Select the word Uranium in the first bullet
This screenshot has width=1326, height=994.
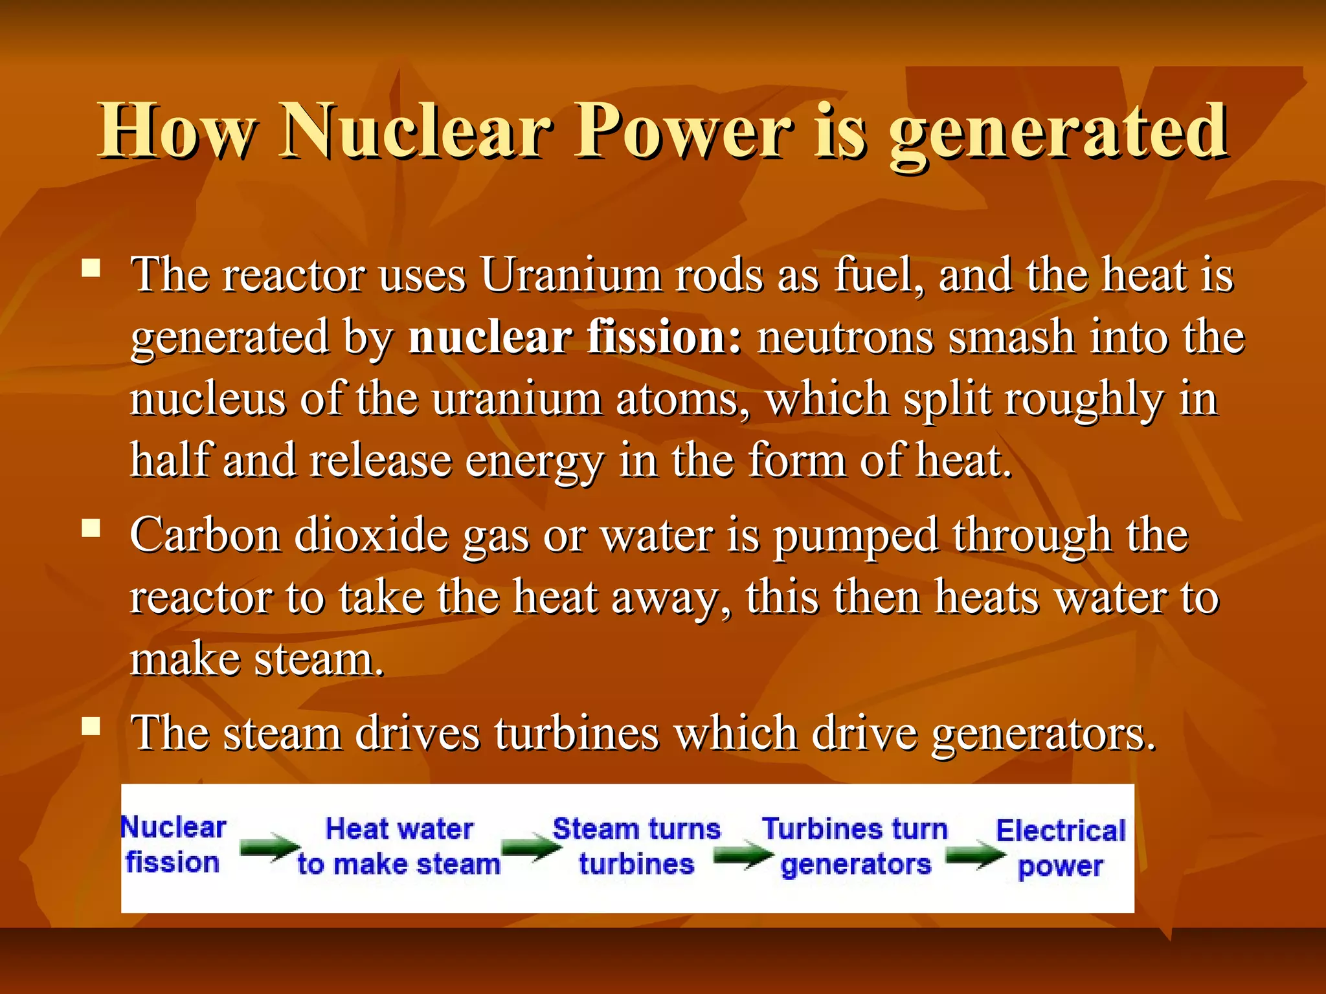(570, 276)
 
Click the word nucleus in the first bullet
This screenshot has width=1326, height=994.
(207, 399)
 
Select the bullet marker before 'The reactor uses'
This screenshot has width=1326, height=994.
(91, 268)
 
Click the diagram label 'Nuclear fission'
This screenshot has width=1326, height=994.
(174, 845)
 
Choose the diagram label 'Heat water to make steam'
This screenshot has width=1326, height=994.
(399, 846)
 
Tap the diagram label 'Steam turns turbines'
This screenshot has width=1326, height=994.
(636, 846)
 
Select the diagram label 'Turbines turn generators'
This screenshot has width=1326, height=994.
(855, 846)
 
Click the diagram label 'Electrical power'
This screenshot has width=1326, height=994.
(1061, 848)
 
